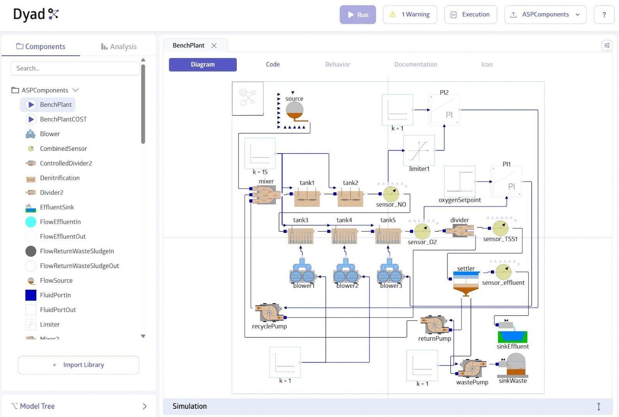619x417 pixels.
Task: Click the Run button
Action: tap(357, 15)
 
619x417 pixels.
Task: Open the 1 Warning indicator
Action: tap(410, 15)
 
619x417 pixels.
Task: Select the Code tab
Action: tap(273, 64)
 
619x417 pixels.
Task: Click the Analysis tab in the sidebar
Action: tap(119, 46)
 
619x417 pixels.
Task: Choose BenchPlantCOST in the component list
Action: tap(63, 119)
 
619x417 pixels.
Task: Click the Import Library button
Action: tap(79, 365)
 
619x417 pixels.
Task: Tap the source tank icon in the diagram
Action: tap(294, 111)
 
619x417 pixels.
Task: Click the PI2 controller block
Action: tap(444, 110)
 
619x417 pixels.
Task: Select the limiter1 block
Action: tap(419, 150)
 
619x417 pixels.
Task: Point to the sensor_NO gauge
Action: tap(391, 194)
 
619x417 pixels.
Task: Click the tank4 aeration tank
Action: tap(344, 236)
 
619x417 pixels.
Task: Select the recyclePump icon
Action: tap(269, 313)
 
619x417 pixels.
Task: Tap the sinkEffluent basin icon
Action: tap(512, 335)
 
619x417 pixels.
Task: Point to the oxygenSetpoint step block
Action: tap(460, 181)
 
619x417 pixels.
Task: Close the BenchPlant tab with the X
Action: tap(214, 46)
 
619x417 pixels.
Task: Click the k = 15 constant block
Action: tap(260, 154)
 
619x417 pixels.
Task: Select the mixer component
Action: tap(266, 195)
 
